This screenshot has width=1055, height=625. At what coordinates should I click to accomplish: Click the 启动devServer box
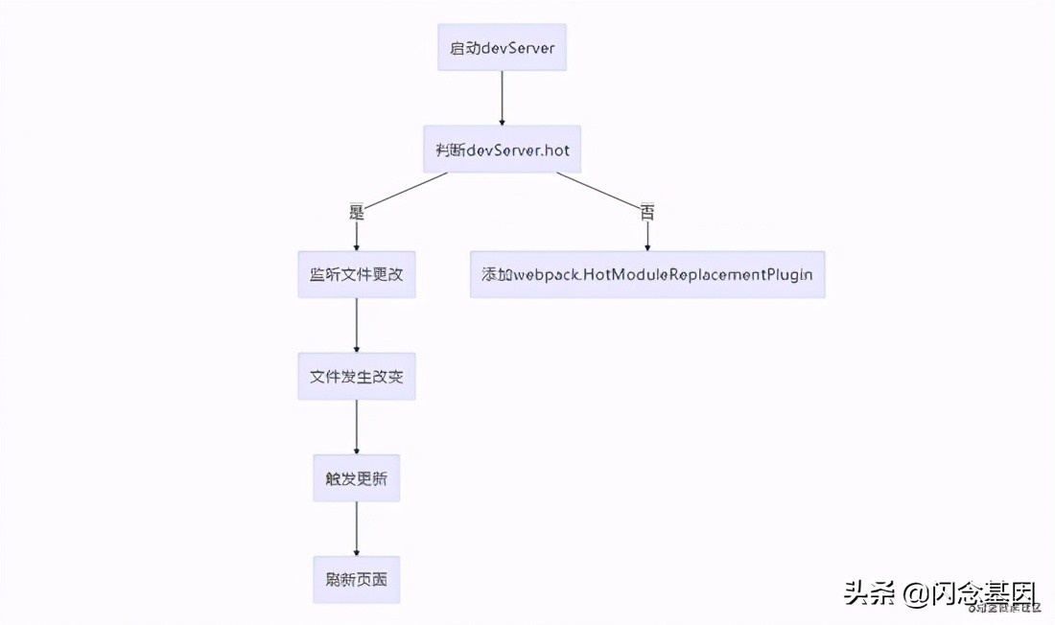tap(502, 48)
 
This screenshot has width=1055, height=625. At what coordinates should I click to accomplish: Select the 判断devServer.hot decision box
tap(502, 150)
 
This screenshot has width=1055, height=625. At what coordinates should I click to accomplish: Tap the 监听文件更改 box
tap(356, 274)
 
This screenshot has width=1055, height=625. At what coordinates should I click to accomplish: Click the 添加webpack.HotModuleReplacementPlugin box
tap(646, 274)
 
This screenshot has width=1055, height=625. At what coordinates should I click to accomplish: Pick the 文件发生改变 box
tap(356, 377)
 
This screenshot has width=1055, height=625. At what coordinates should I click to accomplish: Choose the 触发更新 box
tap(356, 479)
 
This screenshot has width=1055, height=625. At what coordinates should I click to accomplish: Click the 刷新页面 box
tap(356, 581)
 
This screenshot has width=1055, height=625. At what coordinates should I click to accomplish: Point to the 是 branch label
tap(357, 212)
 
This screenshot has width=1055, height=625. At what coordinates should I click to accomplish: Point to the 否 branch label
tap(647, 212)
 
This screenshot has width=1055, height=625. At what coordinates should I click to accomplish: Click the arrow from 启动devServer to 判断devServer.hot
tap(502, 98)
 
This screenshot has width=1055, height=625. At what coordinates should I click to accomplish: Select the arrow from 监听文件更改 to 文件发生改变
tap(356, 325)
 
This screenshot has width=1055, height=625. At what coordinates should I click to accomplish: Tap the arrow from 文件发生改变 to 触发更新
tap(356, 427)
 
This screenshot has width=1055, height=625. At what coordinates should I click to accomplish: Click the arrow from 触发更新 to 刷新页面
tap(356, 528)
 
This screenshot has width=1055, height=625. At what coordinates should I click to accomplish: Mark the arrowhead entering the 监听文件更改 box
tap(356, 246)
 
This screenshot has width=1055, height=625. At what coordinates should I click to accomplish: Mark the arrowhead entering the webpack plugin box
tap(647, 246)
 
